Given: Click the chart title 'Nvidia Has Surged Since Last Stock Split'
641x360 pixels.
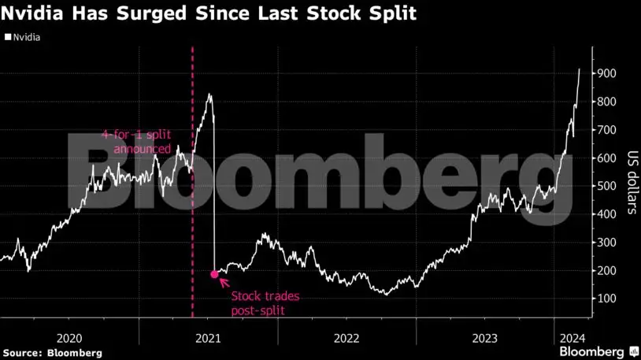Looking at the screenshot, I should click(x=209, y=13).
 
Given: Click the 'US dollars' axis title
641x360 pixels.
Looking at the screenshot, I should click(x=632, y=183).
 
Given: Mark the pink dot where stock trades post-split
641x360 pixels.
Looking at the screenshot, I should click(x=214, y=274).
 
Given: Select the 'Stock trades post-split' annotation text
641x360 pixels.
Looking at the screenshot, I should click(x=260, y=303).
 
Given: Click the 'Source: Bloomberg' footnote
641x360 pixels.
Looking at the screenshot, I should click(x=51, y=352).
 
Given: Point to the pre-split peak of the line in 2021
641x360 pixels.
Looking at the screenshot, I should click(x=209, y=95).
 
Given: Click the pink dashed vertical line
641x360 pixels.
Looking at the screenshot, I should click(x=193, y=236).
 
